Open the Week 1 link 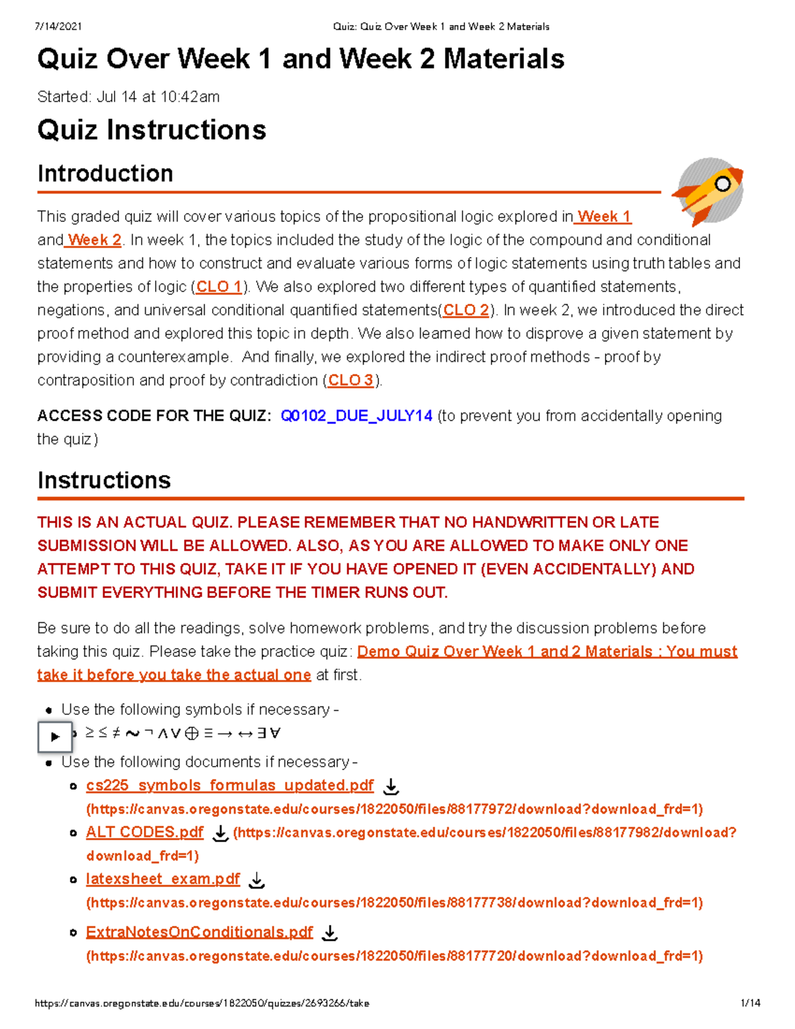tap(604, 217)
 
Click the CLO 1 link tap(219, 287)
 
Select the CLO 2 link tap(466, 310)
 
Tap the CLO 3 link tap(351, 380)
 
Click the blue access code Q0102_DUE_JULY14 tap(356, 416)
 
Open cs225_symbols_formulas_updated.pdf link tap(230, 786)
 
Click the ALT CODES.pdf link tap(144, 832)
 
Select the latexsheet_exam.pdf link tap(163, 879)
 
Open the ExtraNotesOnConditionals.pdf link tap(199, 932)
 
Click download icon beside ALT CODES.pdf tap(220, 834)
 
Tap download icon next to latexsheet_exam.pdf tap(256, 881)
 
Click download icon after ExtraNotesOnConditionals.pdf tap(329, 934)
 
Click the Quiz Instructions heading tap(152, 130)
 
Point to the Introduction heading tap(105, 174)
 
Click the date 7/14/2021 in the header tap(58, 27)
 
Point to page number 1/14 tap(750, 1003)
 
